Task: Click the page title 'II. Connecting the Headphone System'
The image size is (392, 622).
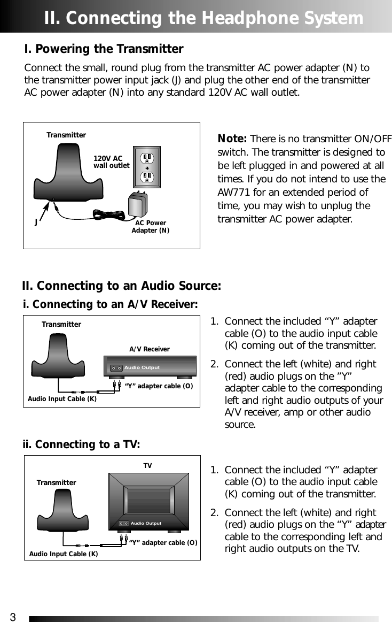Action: click(x=203, y=18)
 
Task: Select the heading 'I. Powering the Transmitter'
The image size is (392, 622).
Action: click(x=104, y=49)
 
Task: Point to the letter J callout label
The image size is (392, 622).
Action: click(x=36, y=223)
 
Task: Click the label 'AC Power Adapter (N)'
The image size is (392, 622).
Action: click(x=151, y=227)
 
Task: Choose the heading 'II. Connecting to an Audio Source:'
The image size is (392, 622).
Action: click(x=121, y=286)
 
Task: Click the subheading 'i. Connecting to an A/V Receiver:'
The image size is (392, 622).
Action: click(x=111, y=305)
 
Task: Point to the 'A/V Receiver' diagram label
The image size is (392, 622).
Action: click(x=150, y=349)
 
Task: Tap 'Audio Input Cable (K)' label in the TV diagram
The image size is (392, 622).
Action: click(x=64, y=554)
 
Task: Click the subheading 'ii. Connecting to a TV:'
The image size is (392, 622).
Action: click(x=81, y=445)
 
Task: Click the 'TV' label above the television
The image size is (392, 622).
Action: click(x=147, y=466)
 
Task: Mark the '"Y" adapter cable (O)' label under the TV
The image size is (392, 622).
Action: click(x=163, y=543)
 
